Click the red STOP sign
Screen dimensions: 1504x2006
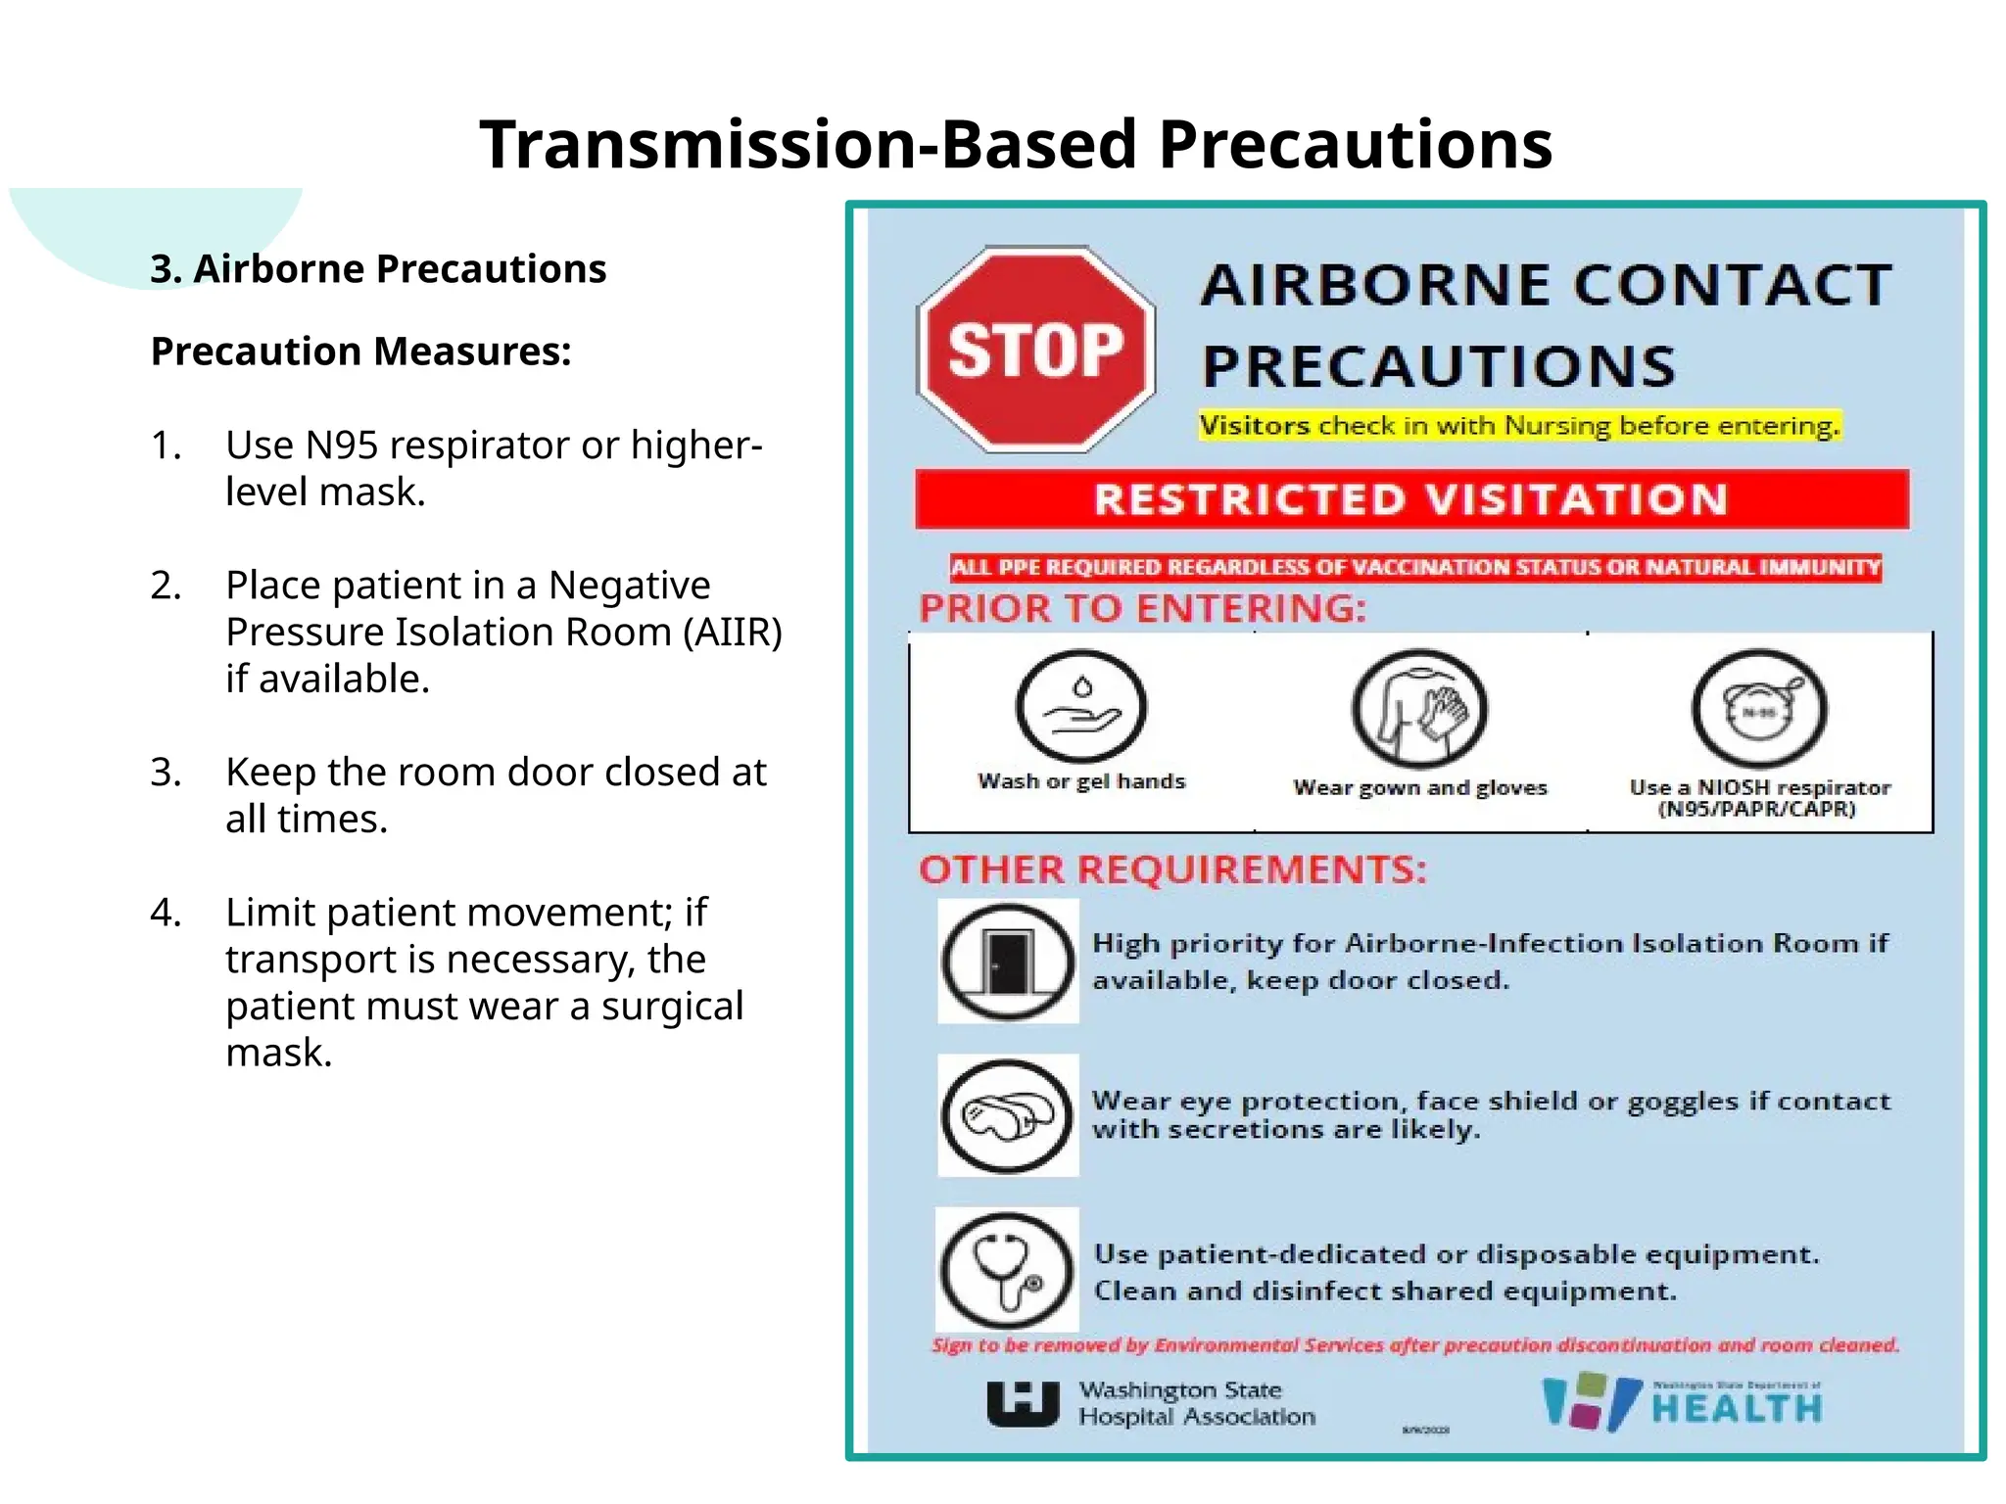tap(1035, 350)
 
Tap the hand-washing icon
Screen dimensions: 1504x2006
tap(1080, 707)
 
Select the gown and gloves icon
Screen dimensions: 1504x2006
tap(1419, 710)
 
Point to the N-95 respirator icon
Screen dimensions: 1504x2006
tap(1759, 710)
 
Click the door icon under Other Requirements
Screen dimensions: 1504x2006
tap(1008, 961)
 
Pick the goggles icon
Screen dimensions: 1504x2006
tap(1008, 1115)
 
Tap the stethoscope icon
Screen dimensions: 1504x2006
tap(1008, 1269)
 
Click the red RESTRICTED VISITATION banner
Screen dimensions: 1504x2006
tap(1411, 499)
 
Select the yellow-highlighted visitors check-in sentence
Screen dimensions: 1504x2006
tap(1519, 426)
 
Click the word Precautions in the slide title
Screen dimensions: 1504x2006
tap(1356, 145)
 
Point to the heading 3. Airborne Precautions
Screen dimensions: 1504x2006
tap(378, 268)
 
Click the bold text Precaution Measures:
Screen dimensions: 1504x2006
tap(360, 352)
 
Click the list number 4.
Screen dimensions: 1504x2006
tap(166, 913)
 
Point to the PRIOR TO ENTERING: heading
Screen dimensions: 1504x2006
tap(1142, 609)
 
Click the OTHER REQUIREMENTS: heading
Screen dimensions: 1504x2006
tap(1172, 869)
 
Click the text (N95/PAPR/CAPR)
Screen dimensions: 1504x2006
tap(1756, 810)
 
